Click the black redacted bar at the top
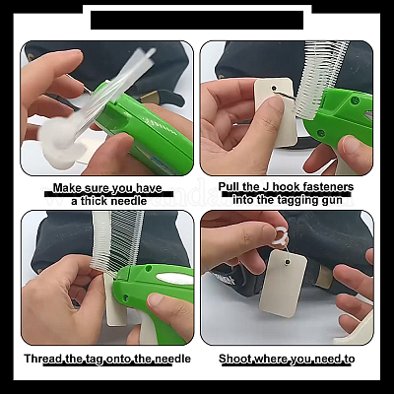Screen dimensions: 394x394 (197, 20)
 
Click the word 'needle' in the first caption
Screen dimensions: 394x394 (128, 201)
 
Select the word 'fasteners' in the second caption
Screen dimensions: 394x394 (328, 186)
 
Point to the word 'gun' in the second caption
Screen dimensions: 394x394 (332, 200)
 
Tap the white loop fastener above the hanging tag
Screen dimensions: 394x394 (279, 235)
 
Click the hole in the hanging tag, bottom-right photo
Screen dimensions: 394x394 (288, 262)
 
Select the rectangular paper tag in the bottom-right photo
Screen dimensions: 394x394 (283, 284)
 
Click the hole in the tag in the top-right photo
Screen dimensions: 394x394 (274, 88)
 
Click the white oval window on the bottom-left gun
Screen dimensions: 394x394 (175, 279)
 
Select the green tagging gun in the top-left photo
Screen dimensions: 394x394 (148, 128)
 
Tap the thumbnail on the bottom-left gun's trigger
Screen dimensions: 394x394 (157, 300)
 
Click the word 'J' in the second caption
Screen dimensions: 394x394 (267, 186)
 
